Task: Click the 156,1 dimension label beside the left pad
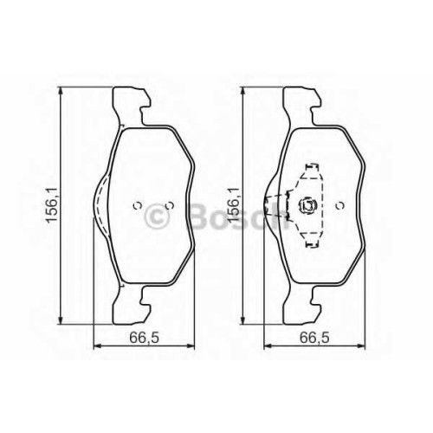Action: pyautogui.click(x=53, y=204)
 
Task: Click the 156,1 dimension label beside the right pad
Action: pyautogui.click(x=233, y=204)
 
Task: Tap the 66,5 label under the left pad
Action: pyautogui.click(x=145, y=337)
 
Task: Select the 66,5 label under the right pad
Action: pyautogui.click(x=314, y=337)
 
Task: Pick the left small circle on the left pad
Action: pyautogui.click(x=137, y=205)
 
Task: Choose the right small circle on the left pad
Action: pyautogui.click(x=171, y=205)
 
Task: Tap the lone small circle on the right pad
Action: pyautogui.click(x=341, y=205)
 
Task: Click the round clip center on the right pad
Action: pyautogui.click(x=307, y=205)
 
